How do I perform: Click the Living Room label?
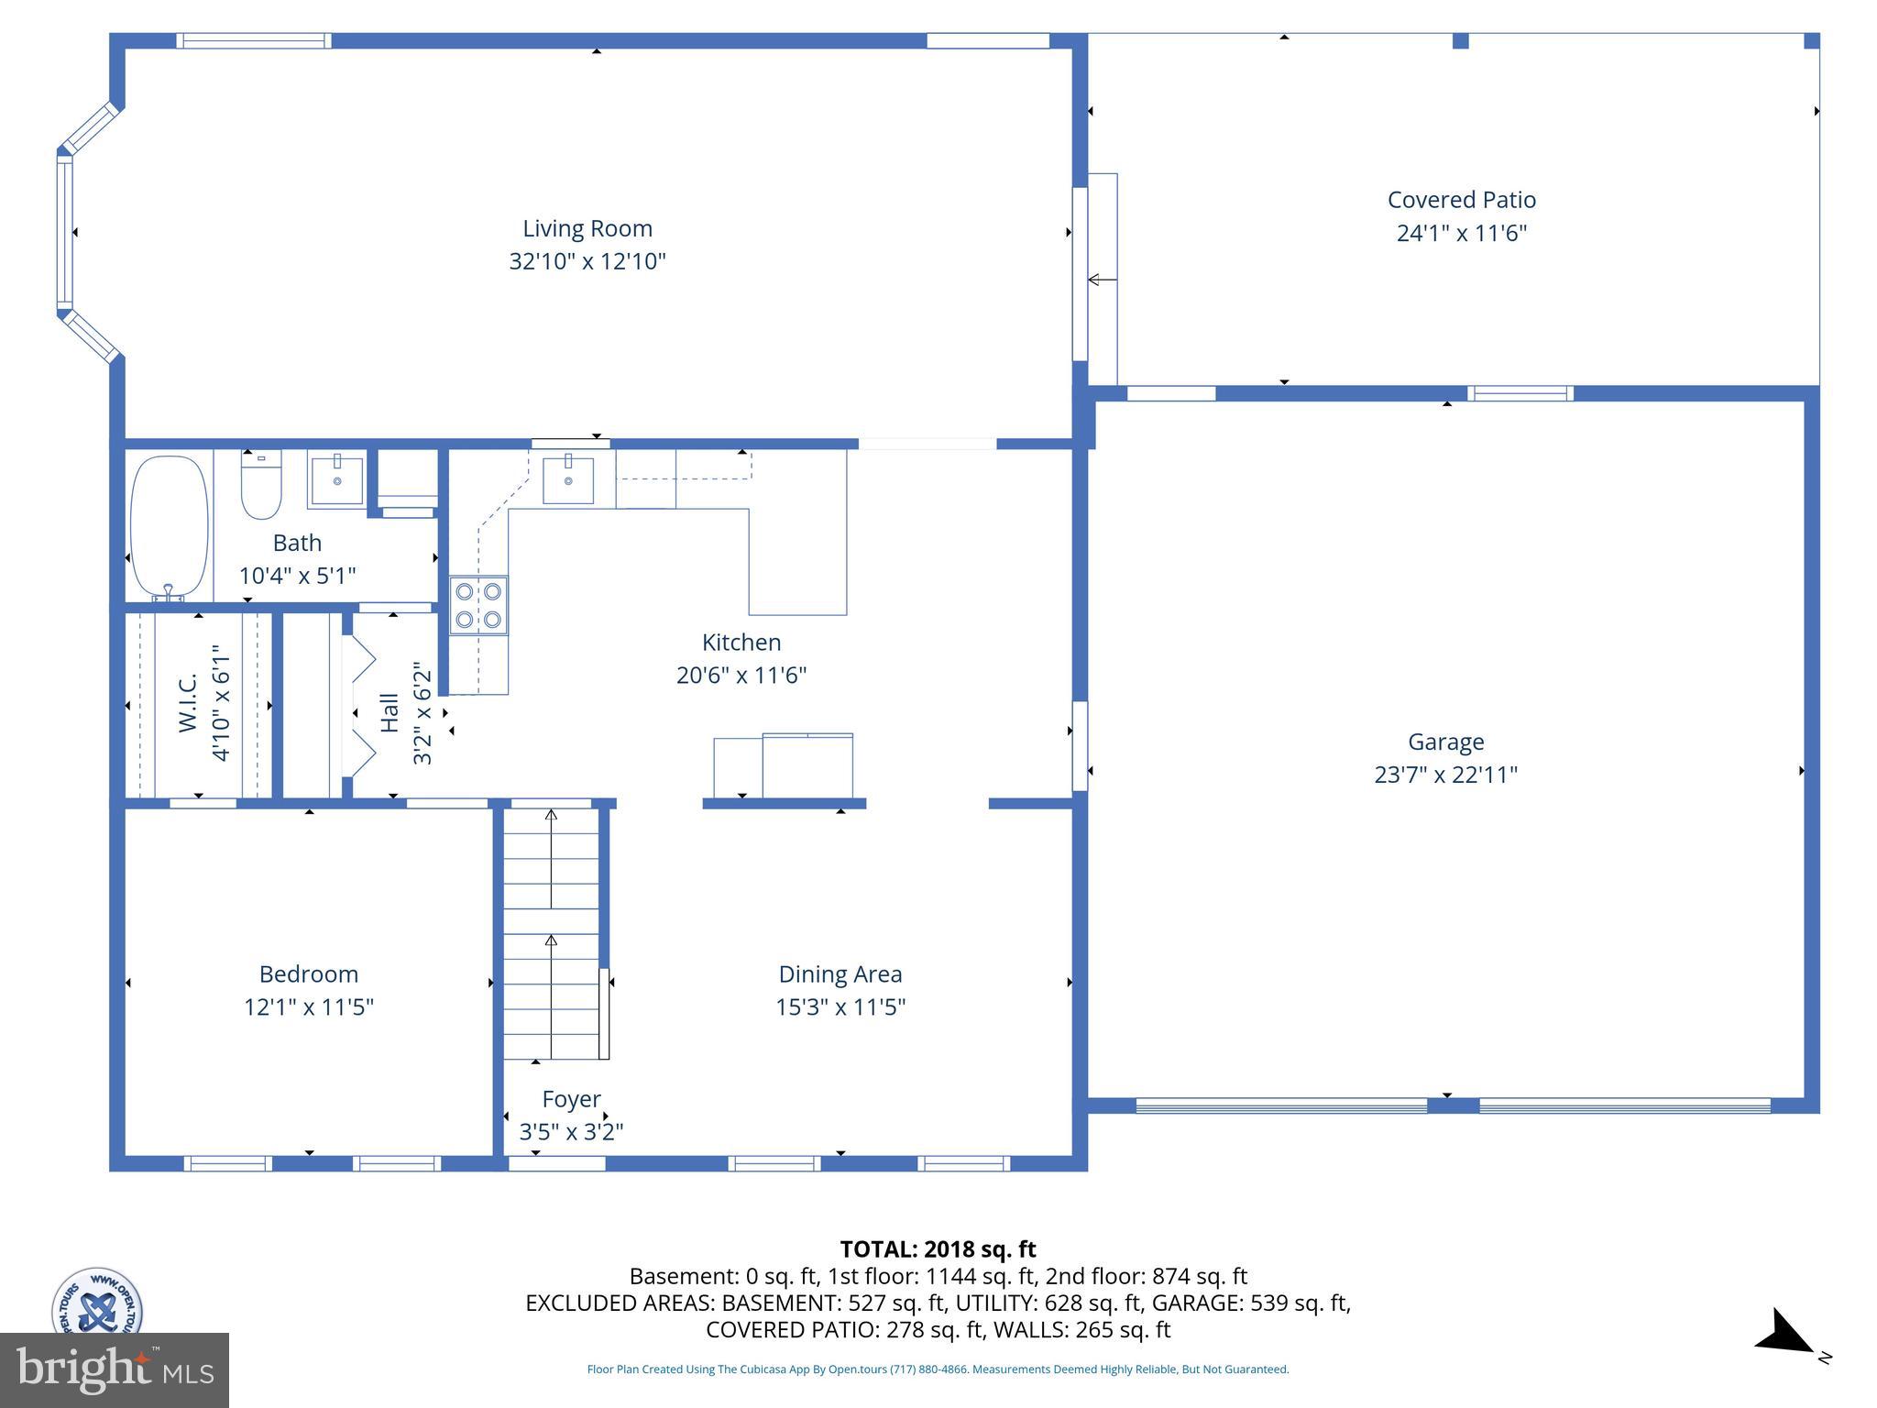pyautogui.click(x=587, y=228)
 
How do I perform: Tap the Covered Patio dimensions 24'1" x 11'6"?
pyautogui.click(x=1461, y=233)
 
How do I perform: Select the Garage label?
pyautogui.click(x=1445, y=742)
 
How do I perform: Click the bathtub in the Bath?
pyautogui.click(x=170, y=527)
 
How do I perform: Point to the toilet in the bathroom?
pyautogui.click(x=261, y=486)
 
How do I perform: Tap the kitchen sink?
pyautogui.click(x=567, y=479)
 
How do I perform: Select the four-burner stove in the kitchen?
pyautogui.click(x=478, y=605)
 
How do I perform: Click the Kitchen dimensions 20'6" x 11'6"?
pyautogui.click(x=741, y=676)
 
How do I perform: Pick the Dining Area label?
pyautogui.click(x=840, y=974)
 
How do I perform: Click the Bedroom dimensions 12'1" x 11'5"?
pyautogui.click(x=308, y=1007)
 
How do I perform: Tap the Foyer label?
pyautogui.click(x=571, y=1099)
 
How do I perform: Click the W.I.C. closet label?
pyautogui.click(x=188, y=703)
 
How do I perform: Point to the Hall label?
pyautogui.click(x=390, y=712)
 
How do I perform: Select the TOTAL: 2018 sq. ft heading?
pyautogui.click(x=938, y=1249)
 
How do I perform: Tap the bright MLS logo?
pyautogui.click(x=115, y=1370)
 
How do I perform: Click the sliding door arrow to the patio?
pyautogui.click(x=1102, y=280)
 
